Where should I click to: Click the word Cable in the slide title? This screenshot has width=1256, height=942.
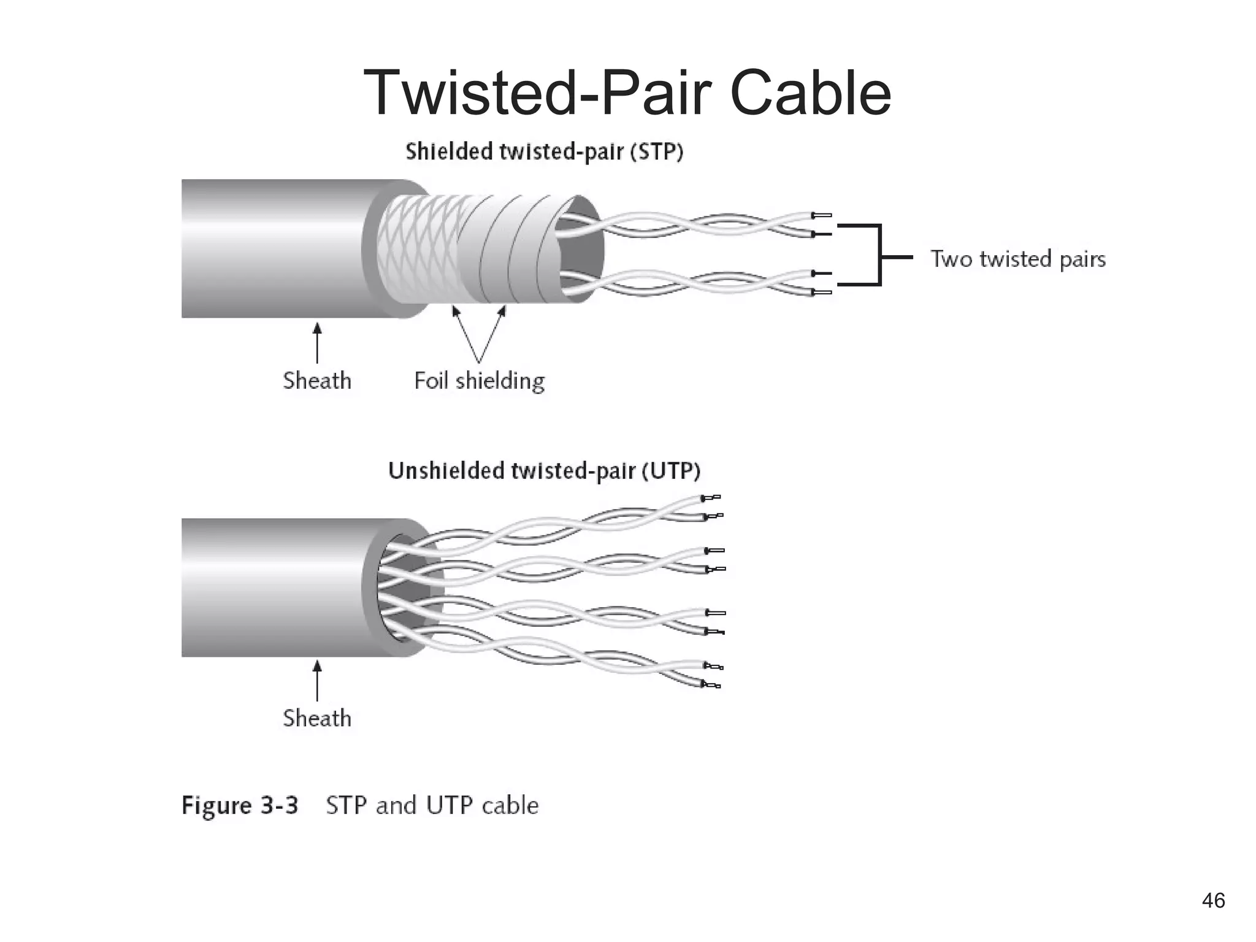[x=810, y=93]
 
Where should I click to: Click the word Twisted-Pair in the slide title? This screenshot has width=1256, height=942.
[x=537, y=93]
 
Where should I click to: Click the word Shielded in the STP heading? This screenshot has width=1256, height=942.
[x=449, y=151]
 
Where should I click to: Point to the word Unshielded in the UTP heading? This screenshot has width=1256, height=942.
[x=446, y=471]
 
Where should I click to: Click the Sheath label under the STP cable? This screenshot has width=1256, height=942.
[x=317, y=381]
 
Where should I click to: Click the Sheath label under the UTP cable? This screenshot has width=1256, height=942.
[x=317, y=718]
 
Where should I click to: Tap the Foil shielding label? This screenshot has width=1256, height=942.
[x=479, y=381]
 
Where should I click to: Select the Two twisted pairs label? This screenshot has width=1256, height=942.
[x=1018, y=259]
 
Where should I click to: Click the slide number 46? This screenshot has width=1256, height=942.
[x=1213, y=901]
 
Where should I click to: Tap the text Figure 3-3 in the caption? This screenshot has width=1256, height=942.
[x=240, y=805]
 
